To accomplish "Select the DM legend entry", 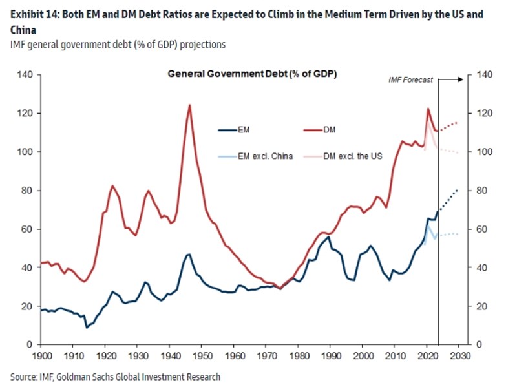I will (x=329, y=130).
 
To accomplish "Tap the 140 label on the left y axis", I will (x=25, y=74).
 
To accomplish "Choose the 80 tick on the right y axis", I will (x=480, y=191).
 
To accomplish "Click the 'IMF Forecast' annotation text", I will (x=410, y=80).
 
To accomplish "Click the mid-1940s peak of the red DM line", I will (x=189, y=105).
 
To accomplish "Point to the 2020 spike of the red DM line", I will (x=428, y=109).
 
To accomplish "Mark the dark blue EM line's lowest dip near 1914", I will (x=87, y=328).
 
